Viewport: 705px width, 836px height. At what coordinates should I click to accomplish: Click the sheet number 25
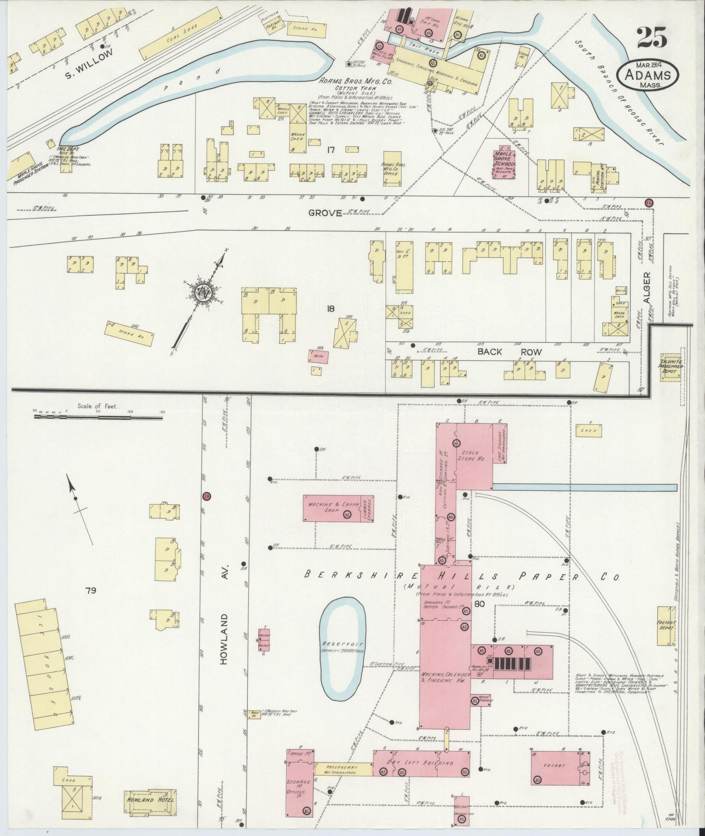[x=651, y=38]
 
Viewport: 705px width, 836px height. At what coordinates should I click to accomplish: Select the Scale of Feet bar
[x=98, y=417]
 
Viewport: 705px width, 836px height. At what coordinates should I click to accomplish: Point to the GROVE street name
[x=325, y=213]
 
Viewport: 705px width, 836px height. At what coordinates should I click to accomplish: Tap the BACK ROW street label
[x=509, y=352]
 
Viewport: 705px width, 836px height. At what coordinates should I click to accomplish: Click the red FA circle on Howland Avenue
[x=206, y=496]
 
